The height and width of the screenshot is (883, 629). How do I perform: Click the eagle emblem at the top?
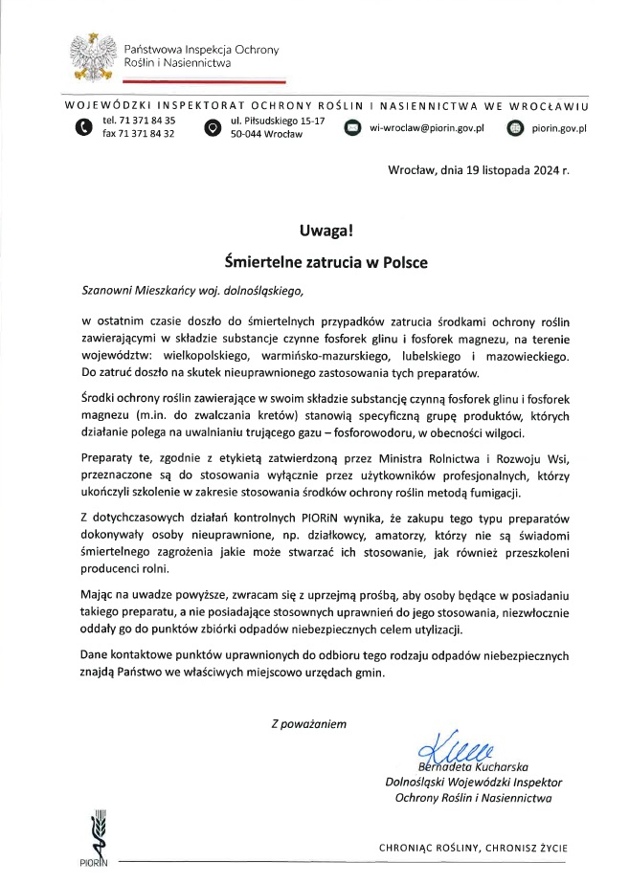[x=93, y=56]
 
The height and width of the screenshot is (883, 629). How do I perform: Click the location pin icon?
[x=212, y=127]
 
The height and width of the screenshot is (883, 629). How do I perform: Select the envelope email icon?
[x=351, y=127]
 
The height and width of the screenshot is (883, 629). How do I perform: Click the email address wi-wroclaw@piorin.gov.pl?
[x=428, y=127]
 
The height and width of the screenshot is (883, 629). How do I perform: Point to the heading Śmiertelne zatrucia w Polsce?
[x=326, y=259]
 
